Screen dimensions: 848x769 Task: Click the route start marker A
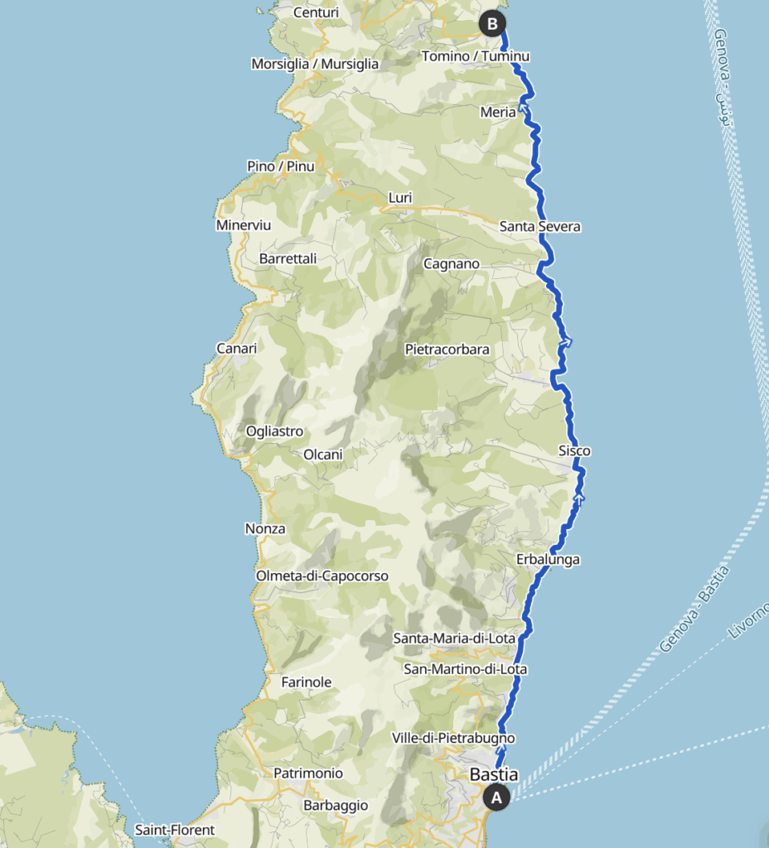(x=496, y=797)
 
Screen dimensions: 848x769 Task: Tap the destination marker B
(x=492, y=24)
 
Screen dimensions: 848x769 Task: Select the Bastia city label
(x=494, y=775)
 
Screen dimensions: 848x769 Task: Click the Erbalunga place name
(x=548, y=560)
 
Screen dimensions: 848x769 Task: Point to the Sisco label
(x=574, y=451)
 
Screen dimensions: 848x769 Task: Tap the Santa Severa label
(x=540, y=226)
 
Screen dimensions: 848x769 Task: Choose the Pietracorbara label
(x=447, y=349)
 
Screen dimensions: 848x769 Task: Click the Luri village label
(x=400, y=198)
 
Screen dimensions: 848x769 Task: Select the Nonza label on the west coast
(x=265, y=528)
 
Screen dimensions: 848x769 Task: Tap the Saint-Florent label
(x=175, y=829)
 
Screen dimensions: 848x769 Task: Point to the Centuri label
(x=316, y=12)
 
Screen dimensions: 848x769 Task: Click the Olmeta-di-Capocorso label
(x=322, y=576)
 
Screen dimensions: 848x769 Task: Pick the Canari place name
(x=236, y=348)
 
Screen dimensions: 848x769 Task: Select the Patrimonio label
(x=308, y=773)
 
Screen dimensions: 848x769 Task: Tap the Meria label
(x=498, y=112)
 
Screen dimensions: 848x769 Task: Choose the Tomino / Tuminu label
(x=476, y=56)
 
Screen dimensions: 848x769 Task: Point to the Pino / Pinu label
(x=281, y=166)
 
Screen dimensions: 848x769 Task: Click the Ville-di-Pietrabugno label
(x=453, y=738)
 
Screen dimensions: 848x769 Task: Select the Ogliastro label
(x=275, y=431)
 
